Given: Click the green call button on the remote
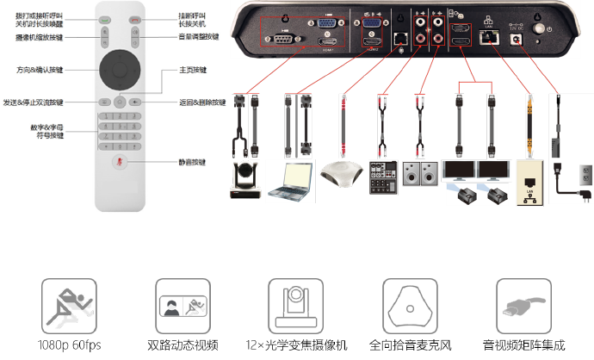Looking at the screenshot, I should tap(104, 20).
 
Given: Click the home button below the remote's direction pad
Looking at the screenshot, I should tap(119, 102).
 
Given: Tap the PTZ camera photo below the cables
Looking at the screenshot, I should tap(247, 180).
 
